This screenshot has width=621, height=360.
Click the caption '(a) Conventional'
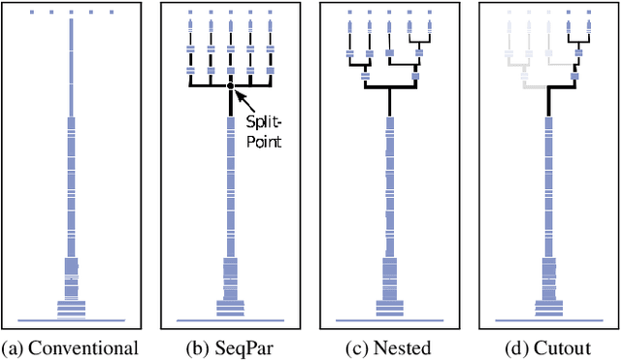tap(70, 347)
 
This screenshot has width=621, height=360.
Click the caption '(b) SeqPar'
tap(229, 347)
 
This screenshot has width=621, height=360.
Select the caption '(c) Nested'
tap(389, 347)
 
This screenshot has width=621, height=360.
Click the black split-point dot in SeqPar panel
tap(230, 87)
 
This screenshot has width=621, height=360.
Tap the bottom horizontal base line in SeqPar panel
tap(230, 320)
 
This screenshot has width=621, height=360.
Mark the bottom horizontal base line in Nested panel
tap(389, 320)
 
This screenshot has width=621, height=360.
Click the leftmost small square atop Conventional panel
tap(32, 13)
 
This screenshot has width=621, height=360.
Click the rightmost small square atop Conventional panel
tap(112, 13)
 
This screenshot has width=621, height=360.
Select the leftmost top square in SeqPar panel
tap(190, 13)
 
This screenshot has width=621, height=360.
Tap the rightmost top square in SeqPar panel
tap(270, 13)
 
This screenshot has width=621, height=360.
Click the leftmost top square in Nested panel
tap(349, 13)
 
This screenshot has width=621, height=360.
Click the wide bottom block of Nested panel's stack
tap(389, 309)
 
